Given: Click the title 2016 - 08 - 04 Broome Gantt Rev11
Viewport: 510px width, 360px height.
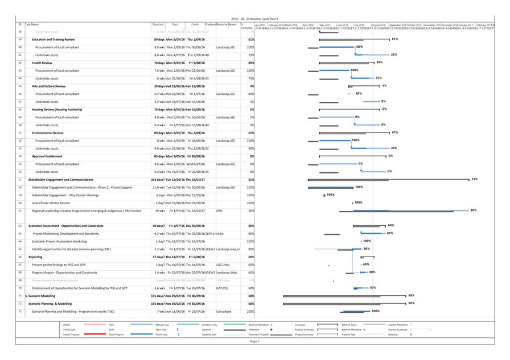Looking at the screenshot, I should tap(254, 19).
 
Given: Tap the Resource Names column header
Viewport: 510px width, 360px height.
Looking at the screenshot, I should tap(226, 25).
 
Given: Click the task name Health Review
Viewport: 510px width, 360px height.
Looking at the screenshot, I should tap(42, 63).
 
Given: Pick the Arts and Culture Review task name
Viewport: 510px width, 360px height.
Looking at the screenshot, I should tap(47, 86).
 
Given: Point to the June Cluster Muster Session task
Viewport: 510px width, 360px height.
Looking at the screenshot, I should tap(51, 202).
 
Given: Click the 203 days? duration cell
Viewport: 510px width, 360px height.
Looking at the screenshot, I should tap(158, 179).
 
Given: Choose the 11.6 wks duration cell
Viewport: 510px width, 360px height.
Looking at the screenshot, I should tap(158, 187).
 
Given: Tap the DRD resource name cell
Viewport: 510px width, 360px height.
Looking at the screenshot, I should tap(219, 210).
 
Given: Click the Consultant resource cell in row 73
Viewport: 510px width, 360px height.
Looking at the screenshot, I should tap(224, 312).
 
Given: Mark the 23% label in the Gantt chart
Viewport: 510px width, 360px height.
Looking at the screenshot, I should tap(393, 55).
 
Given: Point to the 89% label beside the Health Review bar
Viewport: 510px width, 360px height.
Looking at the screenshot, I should tap(379, 63).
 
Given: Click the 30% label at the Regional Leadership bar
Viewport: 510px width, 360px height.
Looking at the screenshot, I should tap(473, 210).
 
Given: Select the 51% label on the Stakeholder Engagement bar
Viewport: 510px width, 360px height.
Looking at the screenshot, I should tap(474, 179).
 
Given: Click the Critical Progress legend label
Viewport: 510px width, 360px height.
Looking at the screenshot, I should tap(71, 334).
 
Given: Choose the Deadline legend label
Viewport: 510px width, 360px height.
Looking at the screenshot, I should tap(393, 334).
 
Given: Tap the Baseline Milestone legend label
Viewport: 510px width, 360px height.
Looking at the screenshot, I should tap(257, 325).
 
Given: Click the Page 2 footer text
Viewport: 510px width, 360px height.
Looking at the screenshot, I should tap(254, 341).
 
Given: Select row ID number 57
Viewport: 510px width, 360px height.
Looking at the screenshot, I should tap(20, 179).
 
